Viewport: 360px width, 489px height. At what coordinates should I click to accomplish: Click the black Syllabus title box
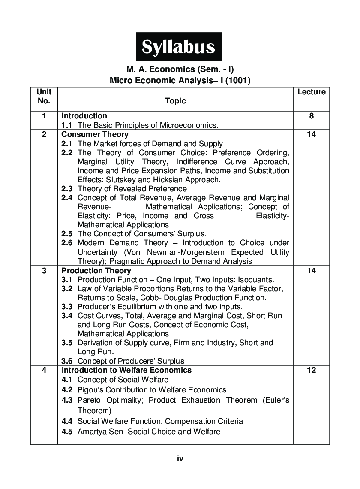pos(179,47)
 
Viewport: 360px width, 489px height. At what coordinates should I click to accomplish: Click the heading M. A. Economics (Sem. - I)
pos(180,69)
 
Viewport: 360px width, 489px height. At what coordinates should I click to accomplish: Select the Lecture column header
pos(311,92)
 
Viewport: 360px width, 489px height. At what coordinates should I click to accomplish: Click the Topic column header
pos(175,101)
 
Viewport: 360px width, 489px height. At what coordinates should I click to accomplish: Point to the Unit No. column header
pos(44,97)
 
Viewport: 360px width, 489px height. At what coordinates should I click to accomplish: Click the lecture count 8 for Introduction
pos(311,116)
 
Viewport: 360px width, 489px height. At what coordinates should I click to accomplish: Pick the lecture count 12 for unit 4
pos(311,370)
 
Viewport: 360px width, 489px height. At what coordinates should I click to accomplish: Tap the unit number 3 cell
pos(44,271)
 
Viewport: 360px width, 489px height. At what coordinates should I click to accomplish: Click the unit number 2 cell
pos(44,134)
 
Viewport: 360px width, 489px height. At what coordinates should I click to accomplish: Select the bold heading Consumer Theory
pos(95,134)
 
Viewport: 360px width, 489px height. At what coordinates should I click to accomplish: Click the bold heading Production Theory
pos(96,271)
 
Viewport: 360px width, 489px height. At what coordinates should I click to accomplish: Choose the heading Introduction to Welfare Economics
pos(126,370)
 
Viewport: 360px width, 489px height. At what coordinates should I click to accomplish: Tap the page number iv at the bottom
pos(180,459)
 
